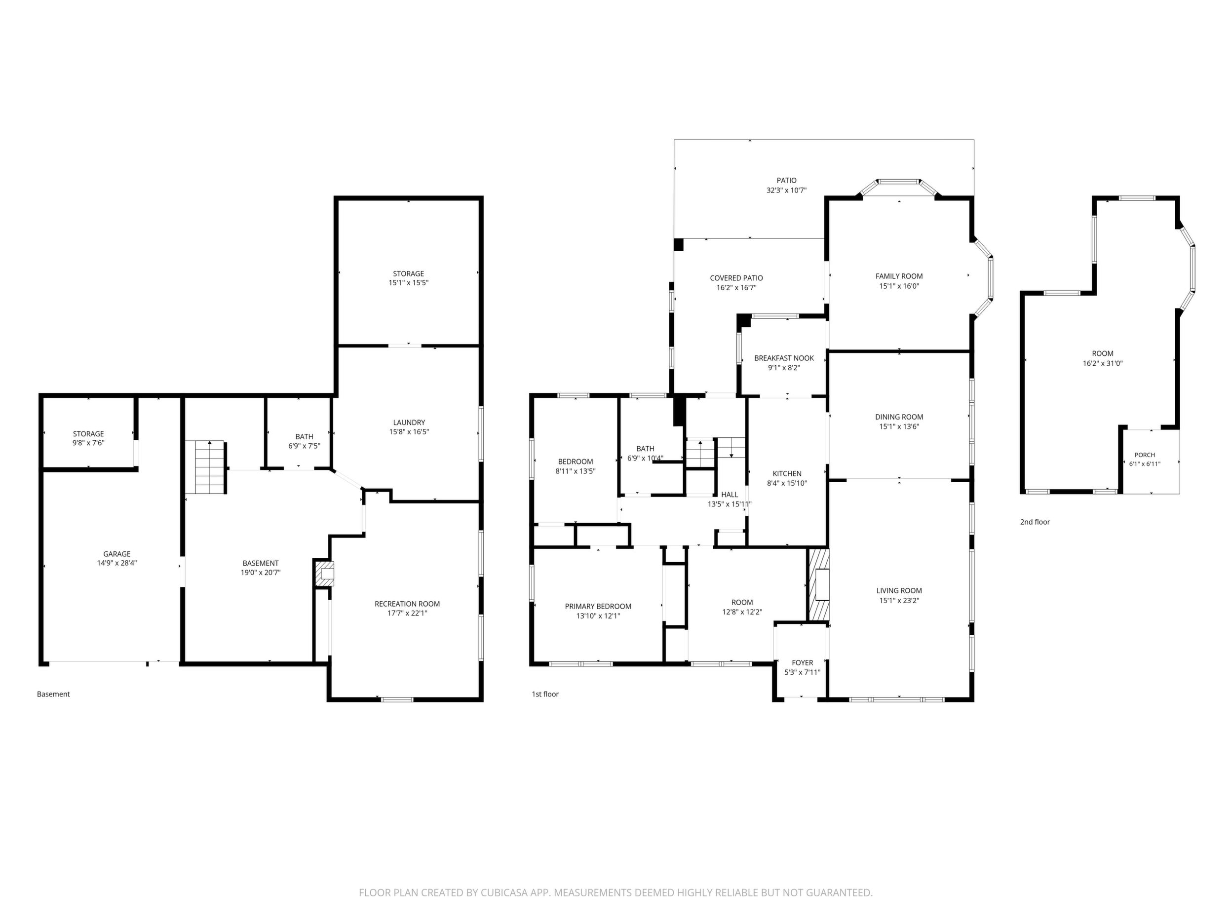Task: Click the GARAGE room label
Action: click(x=117, y=554)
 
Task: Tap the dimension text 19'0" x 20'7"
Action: click(x=261, y=572)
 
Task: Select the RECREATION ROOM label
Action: click(x=407, y=604)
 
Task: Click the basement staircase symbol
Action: click(x=205, y=467)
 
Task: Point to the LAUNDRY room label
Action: click(x=409, y=422)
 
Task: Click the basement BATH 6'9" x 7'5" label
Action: click(x=304, y=441)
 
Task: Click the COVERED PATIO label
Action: click(x=736, y=278)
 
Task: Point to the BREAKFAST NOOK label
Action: click(x=784, y=358)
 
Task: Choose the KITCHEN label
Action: click(x=787, y=473)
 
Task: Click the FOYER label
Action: click(x=803, y=663)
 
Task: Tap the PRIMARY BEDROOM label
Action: click(x=598, y=607)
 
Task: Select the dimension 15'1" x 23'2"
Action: click(x=899, y=600)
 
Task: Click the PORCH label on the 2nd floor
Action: click(x=1145, y=455)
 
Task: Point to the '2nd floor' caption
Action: click(x=1035, y=522)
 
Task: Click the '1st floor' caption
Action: click(x=545, y=694)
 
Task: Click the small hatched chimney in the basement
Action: click(x=324, y=573)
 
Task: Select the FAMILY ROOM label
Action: click(x=899, y=276)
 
